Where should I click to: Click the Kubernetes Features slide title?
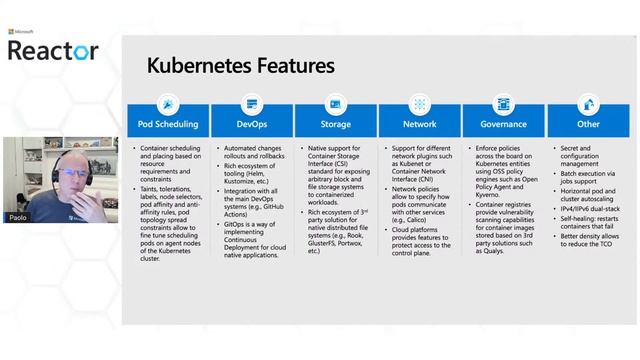pyautogui.click(x=240, y=67)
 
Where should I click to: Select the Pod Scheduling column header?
pyautogui.click(x=168, y=125)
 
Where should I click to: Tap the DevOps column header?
pyautogui.click(x=252, y=125)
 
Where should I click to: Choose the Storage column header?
pyautogui.click(x=336, y=125)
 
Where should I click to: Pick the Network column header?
pyautogui.click(x=420, y=125)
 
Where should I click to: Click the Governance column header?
pyautogui.click(x=504, y=125)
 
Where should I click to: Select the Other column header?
pyautogui.click(x=588, y=125)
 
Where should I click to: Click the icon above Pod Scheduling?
pyautogui.click(x=168, y=103)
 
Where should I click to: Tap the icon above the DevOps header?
pyautogui.click(x=252, y=103)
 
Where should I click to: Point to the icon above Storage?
pyautogui.click(x=336, y=103)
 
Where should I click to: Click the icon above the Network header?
pyautogui.click(x=420, y=103)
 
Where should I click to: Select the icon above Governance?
pyautogui.click(x=504, y=103)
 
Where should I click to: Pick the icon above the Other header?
pyautogui.click(x=588, y=103)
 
